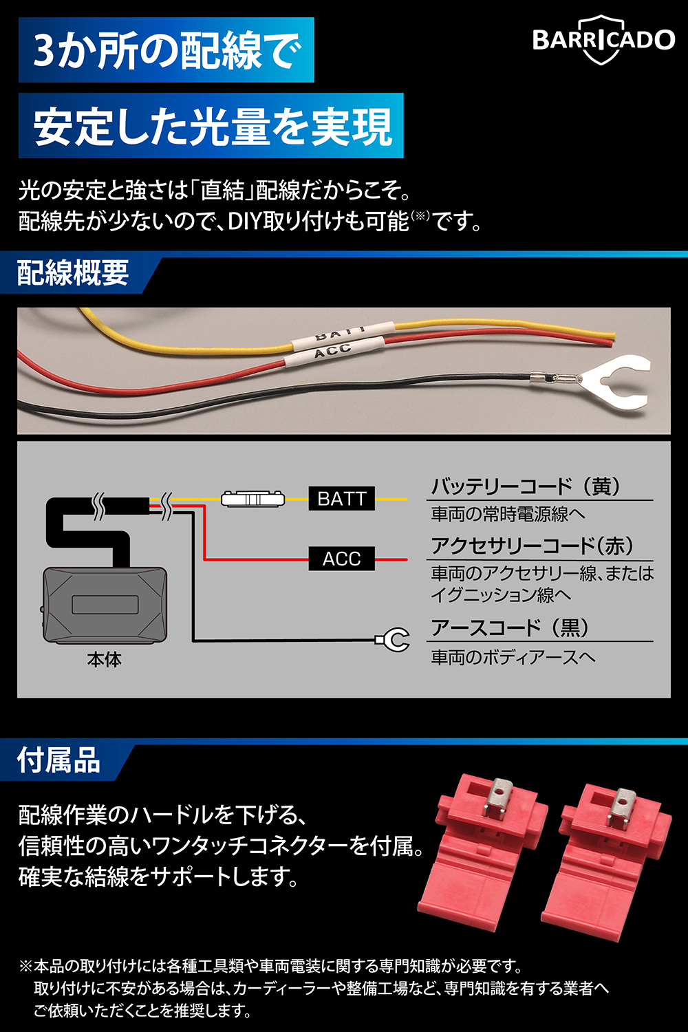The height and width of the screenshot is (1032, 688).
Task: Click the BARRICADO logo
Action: click(x=603, y=40)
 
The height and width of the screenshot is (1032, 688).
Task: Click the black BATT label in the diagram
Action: click(x=341, y=499)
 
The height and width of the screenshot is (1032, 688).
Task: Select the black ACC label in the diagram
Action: click(x=341, y=559)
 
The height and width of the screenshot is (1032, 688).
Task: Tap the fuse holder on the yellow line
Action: click(x=252, y=499)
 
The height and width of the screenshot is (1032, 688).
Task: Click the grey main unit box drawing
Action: click(x=105, y=605)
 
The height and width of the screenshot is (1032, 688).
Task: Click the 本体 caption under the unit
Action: click(x=105, y=660)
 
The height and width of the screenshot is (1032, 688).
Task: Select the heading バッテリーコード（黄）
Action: click(x=526, y=486)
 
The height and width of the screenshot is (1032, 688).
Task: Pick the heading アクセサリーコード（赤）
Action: click(x=533, y=546)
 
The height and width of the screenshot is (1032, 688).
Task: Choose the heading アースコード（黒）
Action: click(x=510, y=627)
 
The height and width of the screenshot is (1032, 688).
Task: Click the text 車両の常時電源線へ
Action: click(x=508, y=514)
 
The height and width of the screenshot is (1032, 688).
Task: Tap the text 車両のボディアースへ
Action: click(x=513, y=657)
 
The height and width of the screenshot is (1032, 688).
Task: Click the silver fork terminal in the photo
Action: click(x=599, y=380)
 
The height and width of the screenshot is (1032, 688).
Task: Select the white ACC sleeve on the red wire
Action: click(x=333, y=351)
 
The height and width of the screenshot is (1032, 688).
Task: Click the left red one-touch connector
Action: click(x=482, y=854)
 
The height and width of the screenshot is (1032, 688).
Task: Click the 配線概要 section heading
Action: click(x=73, y=272)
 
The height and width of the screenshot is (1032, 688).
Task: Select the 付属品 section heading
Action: click(x=58, y=761)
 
